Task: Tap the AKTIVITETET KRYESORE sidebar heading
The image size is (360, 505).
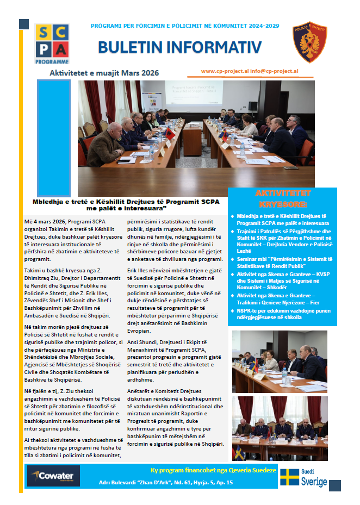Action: [282, 198]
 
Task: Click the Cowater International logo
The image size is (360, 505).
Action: [54, 476]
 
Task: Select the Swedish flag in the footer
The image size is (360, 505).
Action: [290, 477]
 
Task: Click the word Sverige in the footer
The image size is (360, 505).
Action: [314, 482]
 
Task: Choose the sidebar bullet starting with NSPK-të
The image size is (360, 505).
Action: [282, 313]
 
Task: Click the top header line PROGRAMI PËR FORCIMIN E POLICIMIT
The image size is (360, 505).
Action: [185, 26]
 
